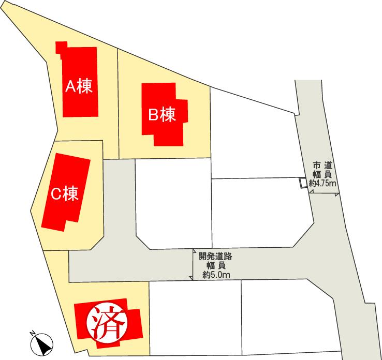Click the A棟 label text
(79, 86)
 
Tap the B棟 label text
(162, 114)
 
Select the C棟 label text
(65, 194)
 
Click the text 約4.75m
(322, 184)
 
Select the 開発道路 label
(215, 256)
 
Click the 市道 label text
(322, 165)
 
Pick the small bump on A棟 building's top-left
(61, 47)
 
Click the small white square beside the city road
(303, 183)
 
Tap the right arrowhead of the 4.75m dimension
(337, 194)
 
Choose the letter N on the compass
(32, 332)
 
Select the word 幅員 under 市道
(322, 174)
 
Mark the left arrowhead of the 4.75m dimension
(311, 192)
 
